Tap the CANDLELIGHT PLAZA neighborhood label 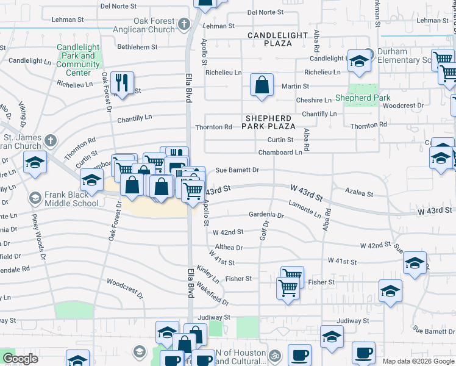[278, 40]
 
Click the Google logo [20, 359]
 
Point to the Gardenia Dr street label [266, 215]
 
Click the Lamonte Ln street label [305, 209]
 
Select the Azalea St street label [359, 193]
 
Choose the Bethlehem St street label [137, 46]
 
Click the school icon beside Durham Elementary [360, 62]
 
